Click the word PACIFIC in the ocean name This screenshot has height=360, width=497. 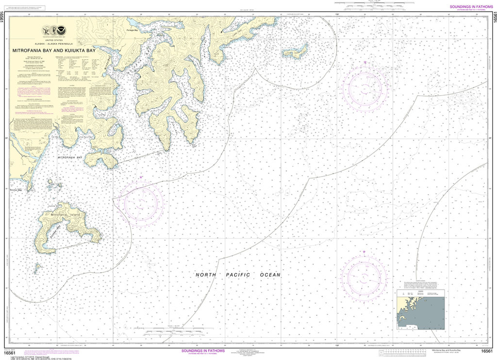[238, 275]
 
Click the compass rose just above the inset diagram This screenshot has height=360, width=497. [364, 277]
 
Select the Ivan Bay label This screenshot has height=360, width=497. [62, 137]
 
